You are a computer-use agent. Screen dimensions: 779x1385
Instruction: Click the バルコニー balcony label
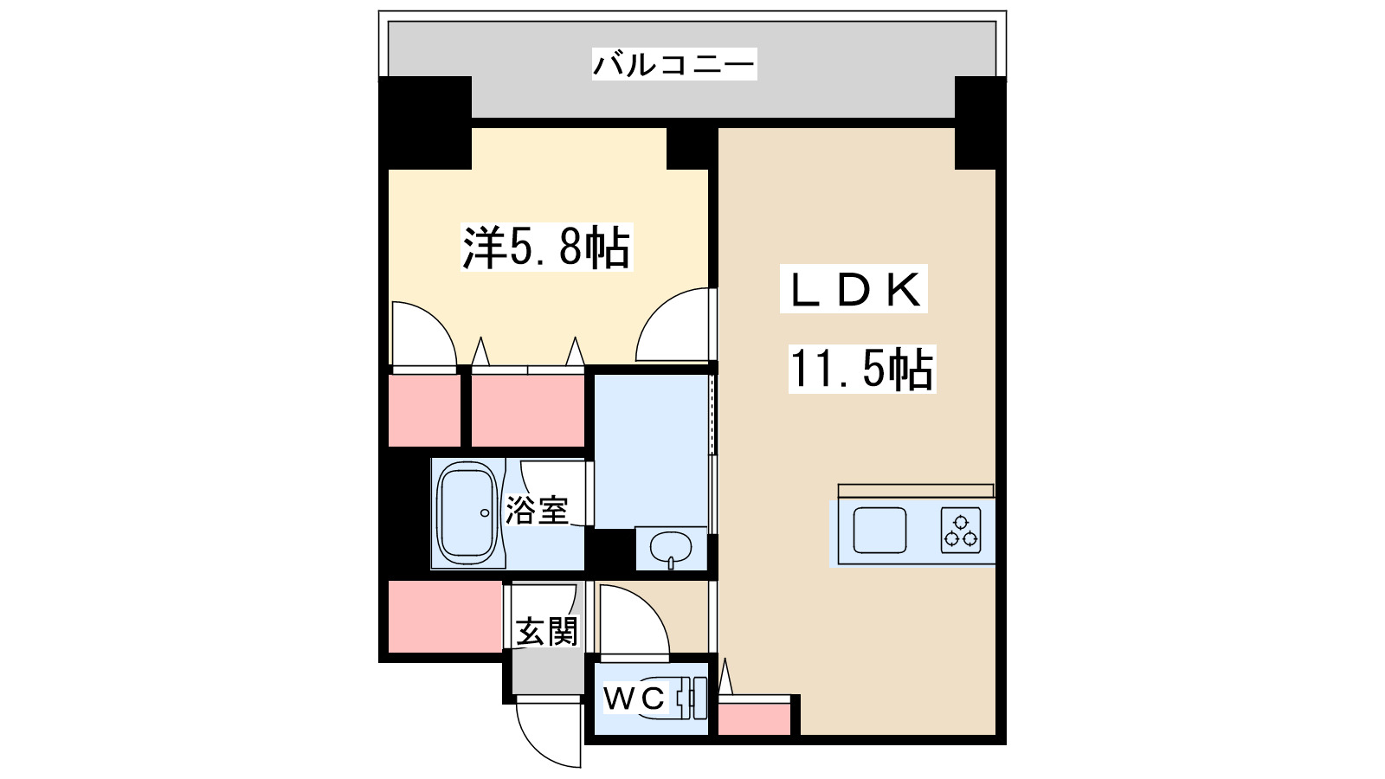point(673,64)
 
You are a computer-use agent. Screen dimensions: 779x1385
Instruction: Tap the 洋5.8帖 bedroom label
point(546,248)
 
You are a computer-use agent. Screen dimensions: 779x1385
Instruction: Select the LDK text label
point(854,289)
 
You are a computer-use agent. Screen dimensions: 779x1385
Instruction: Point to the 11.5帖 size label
point(861,370)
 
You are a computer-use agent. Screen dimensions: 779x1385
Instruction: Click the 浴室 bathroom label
point(537,510)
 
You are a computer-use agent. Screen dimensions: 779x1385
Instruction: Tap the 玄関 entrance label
point(546,631)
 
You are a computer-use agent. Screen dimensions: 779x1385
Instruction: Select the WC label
point(635,698)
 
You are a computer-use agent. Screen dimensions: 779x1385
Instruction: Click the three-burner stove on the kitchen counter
point(961,530)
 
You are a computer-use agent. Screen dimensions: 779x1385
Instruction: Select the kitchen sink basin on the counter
point(879,530)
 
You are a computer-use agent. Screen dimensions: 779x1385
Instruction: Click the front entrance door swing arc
point(547,732)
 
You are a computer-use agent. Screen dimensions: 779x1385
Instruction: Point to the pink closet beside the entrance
point(445,616)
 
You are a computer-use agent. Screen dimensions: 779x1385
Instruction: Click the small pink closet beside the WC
point(755,717)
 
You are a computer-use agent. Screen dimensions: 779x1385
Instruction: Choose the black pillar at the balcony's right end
point(979,122)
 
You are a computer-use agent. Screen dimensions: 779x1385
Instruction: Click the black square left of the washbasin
point(611,550)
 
